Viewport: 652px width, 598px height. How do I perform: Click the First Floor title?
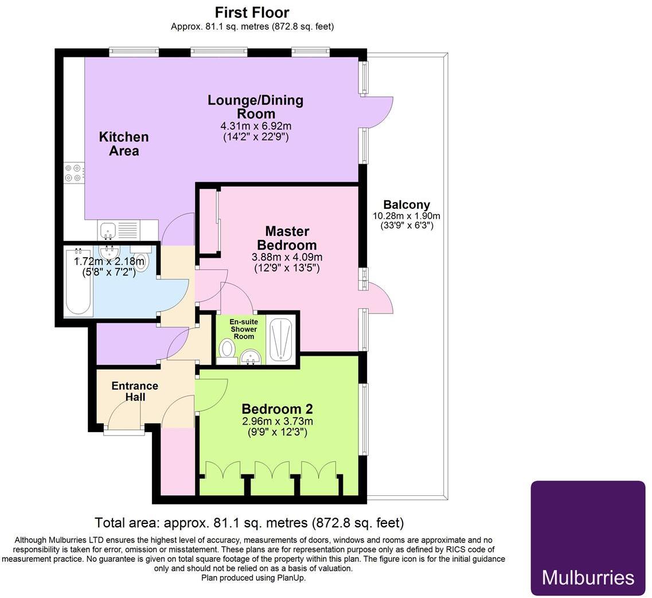point(252,12)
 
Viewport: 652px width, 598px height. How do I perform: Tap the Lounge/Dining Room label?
point(255,107)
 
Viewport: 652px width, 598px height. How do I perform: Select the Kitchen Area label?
point(124,143)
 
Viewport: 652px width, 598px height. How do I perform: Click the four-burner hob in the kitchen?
point(74,173)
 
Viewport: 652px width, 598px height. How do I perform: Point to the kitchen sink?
point(108,230)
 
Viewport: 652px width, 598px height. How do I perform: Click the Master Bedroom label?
point(287,238)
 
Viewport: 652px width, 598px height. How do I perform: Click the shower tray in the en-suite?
point(280,340)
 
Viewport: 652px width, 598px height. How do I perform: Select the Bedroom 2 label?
point(277,409)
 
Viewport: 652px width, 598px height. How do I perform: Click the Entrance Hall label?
point(135,391)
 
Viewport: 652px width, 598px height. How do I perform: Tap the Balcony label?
point(407,205)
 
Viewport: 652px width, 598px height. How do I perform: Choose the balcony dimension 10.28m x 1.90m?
point(407,216)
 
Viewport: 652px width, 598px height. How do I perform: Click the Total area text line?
point(249,523)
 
